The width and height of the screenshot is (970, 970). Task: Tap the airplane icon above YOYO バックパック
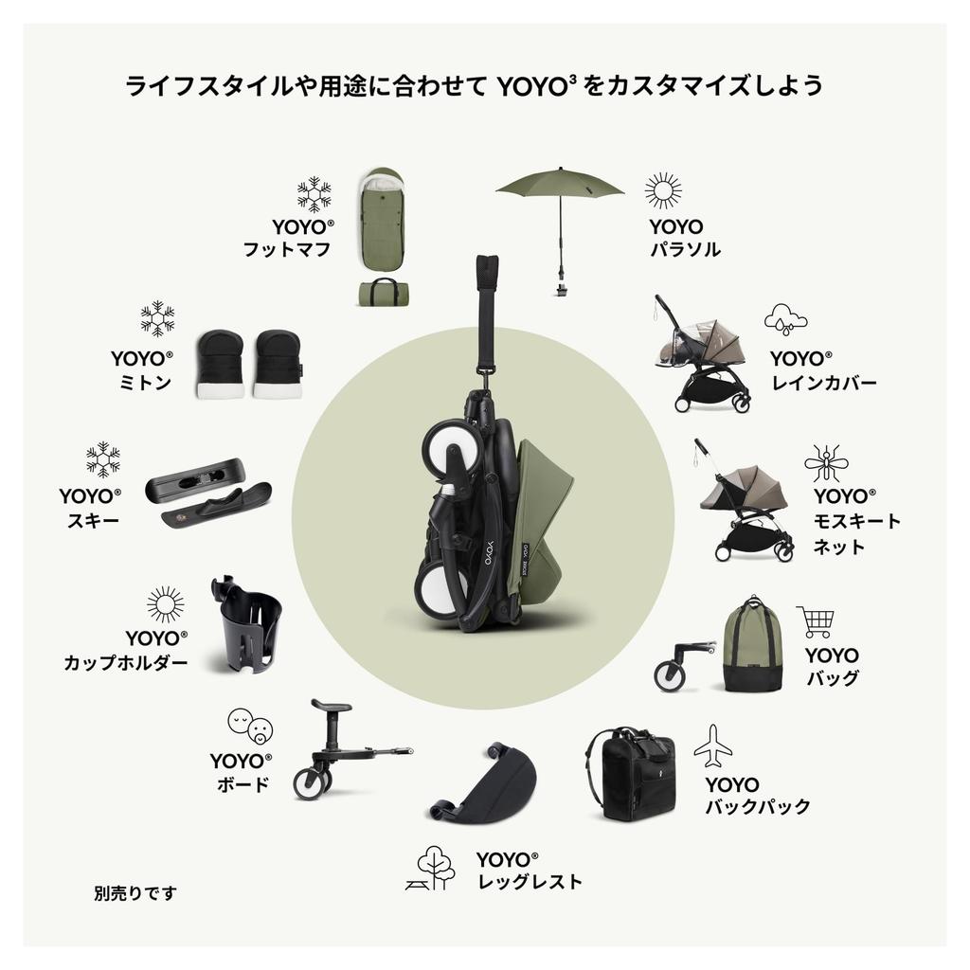(x=712, y=746)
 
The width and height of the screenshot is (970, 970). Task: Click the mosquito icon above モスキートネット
(x=826, y=464)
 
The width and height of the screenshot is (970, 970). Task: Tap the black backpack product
(x=629, y=773)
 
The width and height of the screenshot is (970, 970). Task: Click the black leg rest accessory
(x=485, y=786)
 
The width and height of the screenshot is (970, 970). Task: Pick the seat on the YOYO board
(x=332, y=706)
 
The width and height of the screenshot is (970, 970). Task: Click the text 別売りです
(x=135, y=892)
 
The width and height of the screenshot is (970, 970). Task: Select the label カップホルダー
(x=126, y=663)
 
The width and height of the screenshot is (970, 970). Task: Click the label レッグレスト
(x=530, y=882)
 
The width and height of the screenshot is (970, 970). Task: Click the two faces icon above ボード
(x=249, y=726)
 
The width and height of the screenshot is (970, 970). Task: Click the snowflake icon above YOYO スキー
(x=102, y=459)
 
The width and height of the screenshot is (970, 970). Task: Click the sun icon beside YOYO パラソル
(x=663, y=190)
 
